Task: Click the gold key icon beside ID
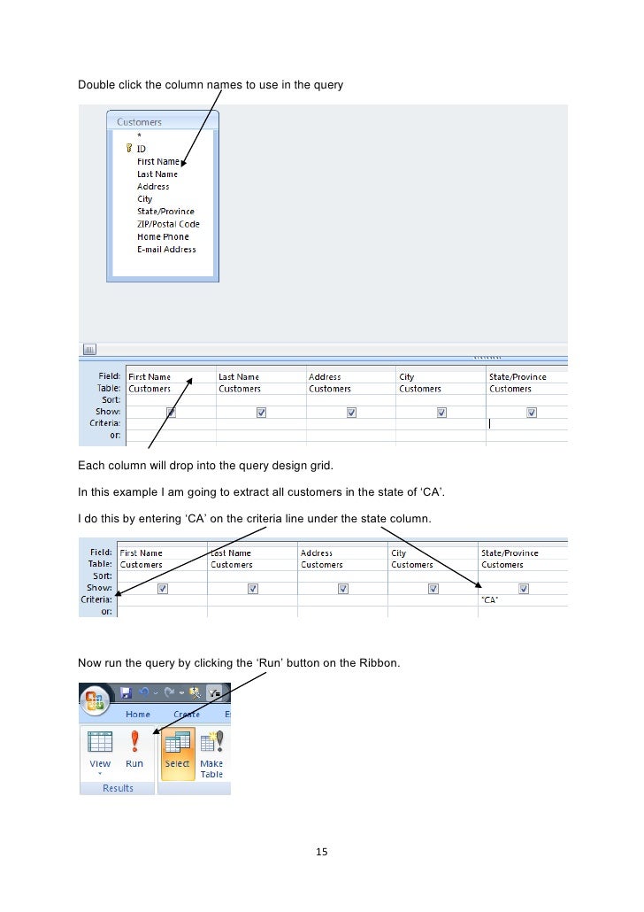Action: click(x=129, y=149)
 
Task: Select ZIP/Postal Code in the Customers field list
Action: click(x=168, y=224)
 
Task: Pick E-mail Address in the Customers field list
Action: click(x=166, y=250)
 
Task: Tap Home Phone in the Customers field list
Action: click(x=163, y=237)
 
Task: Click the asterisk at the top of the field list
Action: click(x=139, y=135)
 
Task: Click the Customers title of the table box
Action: click(x=140, y=121)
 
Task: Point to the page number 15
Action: click(x=322, y=853)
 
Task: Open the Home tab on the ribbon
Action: click(x=137, y=715)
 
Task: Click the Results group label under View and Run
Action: click(x=118, y=788)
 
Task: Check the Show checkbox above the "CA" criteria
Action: click(x=524, y=588)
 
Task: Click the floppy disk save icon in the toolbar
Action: click(x=126, y=693)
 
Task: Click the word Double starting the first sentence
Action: click(x=96, y=85)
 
